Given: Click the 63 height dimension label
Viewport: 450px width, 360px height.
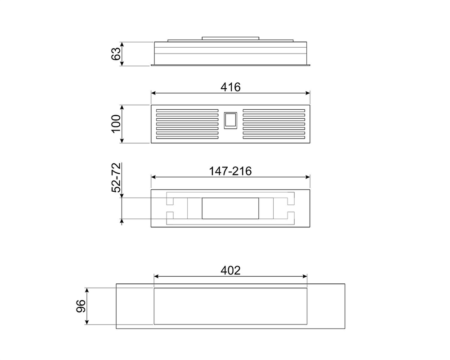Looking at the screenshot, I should (x=116, y=54).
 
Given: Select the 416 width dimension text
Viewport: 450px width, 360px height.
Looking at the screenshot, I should (x=230, y=87).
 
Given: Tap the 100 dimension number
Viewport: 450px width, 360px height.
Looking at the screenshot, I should (x=116, y=124).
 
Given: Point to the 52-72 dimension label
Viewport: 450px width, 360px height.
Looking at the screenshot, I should (x=116, y=178).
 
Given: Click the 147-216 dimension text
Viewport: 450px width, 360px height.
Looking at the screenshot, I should (x=230, y=171).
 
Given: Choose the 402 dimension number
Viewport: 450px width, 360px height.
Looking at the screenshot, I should (x=230, y=270).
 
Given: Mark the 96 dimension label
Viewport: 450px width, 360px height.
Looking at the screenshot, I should (x=81, y=306).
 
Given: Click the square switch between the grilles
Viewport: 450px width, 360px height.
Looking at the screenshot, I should (x=230, y=121).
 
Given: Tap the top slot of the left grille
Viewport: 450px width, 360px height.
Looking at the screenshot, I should (x=187, y=110).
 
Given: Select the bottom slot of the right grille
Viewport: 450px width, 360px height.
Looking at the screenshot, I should (x=274, y=137).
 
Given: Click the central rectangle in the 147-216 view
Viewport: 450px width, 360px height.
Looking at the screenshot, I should (x=230, y=208).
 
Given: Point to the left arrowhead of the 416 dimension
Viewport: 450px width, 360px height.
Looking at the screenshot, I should (x=153, y=93).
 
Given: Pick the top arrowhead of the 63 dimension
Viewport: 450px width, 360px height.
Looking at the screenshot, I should (x=122, y=44).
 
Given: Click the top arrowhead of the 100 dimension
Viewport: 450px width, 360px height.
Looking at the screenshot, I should (x=122, y=107).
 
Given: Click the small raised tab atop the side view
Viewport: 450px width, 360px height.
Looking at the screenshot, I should (x=230, y=38).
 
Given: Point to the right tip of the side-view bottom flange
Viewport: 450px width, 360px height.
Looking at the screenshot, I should (x=309, y=65).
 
